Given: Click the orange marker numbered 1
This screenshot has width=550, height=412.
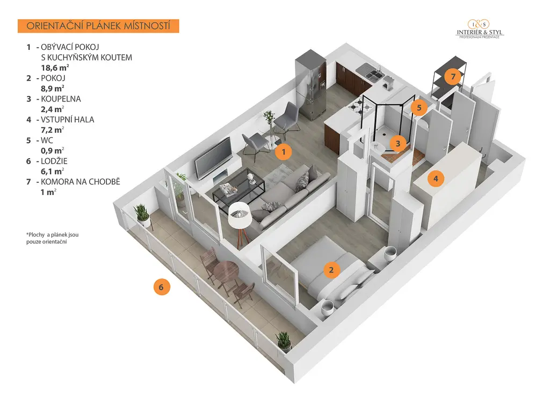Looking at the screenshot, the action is [x=284, y=152].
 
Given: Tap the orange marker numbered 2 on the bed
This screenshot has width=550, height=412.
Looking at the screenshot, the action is [x=331, y=270].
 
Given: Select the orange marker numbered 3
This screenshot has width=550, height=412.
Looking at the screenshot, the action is [x=398, y=143].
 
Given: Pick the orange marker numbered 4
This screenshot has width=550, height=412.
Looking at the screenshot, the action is [x=436, y=179].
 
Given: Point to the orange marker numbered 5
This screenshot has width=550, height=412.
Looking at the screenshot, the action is [x=419, y=107].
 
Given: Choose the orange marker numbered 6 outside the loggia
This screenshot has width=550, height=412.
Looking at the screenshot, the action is [x=161, y=288].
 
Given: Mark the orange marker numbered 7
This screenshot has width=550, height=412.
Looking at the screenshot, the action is [x=453, y=76].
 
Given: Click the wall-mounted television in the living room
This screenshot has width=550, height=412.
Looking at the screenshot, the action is [x=213, y=158].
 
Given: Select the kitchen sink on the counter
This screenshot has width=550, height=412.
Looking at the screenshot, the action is [x=374, y=74].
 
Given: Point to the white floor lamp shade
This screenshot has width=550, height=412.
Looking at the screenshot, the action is [x=239, y=214].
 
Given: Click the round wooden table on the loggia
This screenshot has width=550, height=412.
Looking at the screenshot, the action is [x=227, y=271].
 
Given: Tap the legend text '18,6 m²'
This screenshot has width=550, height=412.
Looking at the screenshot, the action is [x=55, y=68].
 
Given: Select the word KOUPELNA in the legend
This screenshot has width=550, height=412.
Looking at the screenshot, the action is [x=61, y=99].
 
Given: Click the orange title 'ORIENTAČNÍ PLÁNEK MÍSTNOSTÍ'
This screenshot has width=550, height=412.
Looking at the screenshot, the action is [x=98, y=26].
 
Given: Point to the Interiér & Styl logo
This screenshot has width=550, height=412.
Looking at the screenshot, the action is [x=479, y=29].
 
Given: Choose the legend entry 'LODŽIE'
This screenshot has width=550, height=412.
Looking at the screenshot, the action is [x=54, y=161].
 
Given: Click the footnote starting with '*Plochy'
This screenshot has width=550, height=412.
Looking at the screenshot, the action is [x=52, y=238].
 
